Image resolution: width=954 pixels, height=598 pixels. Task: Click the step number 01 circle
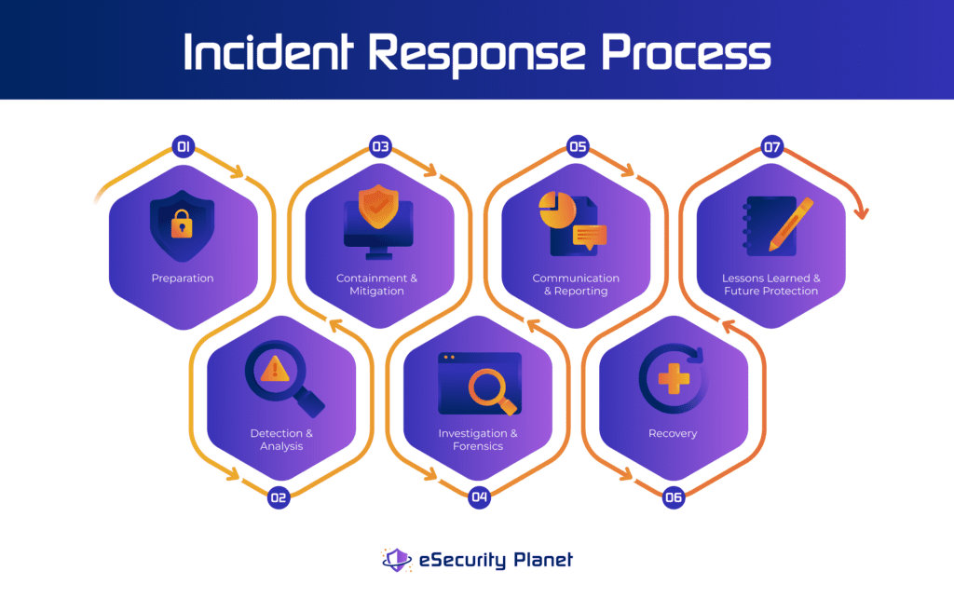pos(183,146)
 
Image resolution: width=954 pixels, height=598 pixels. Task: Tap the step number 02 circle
pos(278,497)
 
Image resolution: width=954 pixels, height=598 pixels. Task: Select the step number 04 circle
pos(479,497)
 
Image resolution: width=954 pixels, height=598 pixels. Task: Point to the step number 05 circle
pos(578,146)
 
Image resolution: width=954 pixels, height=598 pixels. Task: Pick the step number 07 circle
pos(772,146)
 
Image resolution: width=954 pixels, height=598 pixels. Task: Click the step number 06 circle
pos(674,497)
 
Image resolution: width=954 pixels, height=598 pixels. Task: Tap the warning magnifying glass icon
pos(282,377)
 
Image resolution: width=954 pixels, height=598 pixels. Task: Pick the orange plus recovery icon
pos(673,378)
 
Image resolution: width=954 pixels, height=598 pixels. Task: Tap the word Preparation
pos(183,279)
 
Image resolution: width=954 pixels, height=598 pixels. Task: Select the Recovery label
pos(673,433)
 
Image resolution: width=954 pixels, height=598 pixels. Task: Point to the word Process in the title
pos(687,53)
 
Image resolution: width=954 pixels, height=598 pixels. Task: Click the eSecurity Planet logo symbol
pos(397,560)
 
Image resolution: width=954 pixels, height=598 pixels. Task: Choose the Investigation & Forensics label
pos(478,440)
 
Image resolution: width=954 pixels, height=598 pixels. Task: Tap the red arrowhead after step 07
pos(861,212)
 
